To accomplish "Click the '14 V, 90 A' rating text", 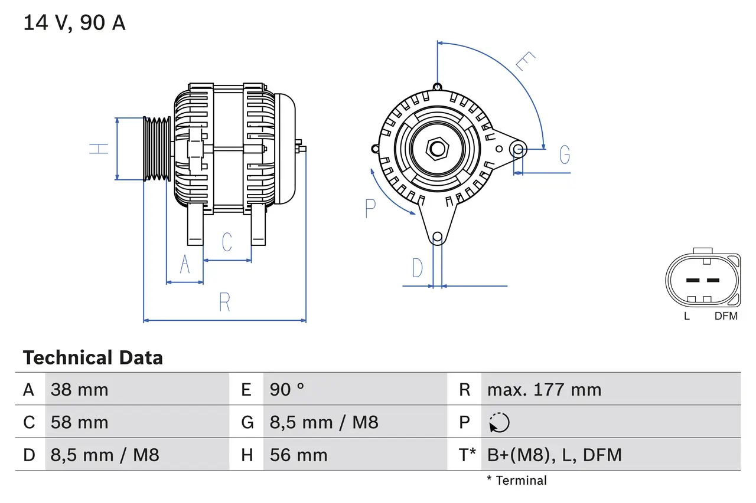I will [x=74, y=23].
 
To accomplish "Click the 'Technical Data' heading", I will [x=93, y=358].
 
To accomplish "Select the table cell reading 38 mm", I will [x=80, y=390].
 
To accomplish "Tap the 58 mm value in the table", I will [x=80, y=422].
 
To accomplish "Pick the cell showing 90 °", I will [x=287, y=390].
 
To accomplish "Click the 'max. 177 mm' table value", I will [x=544, y=390].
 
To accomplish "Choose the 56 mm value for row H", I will [x=298, y=455].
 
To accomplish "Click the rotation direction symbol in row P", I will [x=500, y=422].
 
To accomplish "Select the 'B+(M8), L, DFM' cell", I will [x=554, y=455].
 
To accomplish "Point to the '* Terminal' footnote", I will [x=517, y=481].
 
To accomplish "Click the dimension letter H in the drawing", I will [x=99, y=149].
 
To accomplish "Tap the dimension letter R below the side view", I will [x=224, y=303].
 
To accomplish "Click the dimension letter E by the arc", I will [x=525, y=61].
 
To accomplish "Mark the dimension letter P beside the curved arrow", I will [x=370, y=208].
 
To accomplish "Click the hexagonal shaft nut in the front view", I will [x=437, y=148].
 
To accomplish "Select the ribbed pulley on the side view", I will [x=157, y=149].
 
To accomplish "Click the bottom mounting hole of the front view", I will [x=437, y=238].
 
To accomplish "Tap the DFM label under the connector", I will [x=726, y=316].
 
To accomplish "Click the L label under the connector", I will [x=686, y=316].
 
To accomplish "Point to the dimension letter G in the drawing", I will [x=565, y=154].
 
